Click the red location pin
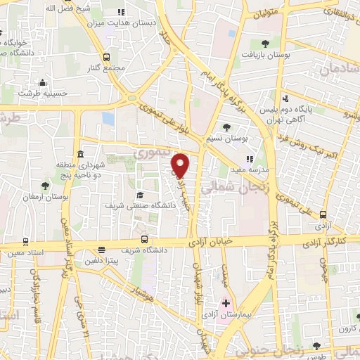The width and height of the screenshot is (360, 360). point(181,165)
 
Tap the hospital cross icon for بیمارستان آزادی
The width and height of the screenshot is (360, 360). point(225,303)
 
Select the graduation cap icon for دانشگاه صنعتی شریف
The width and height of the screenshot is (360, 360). point(139,195)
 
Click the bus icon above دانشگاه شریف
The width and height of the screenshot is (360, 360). point(144,239)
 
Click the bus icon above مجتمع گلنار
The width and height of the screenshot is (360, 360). point(106,58)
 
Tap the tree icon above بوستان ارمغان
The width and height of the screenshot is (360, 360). point(46,185)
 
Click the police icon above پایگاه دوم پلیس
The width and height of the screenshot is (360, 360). point(285,99)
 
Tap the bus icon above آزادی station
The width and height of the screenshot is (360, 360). point(323,214)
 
